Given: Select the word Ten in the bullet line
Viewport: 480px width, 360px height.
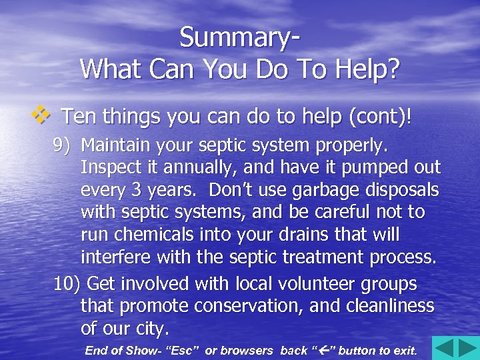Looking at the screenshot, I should coord(77,117).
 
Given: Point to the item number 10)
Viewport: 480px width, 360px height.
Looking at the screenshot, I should coord(67,284).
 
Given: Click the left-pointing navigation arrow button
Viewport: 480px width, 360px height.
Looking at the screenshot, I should coord(444,348).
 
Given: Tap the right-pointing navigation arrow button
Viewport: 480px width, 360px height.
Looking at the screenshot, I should coord(467,348).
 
